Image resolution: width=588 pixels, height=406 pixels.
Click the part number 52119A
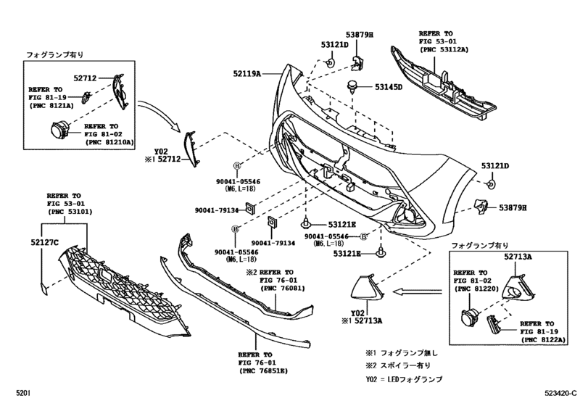247,73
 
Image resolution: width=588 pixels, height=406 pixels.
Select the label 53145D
388,87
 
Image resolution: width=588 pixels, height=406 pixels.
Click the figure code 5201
24,394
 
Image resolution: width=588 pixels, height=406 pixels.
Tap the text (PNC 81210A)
109,142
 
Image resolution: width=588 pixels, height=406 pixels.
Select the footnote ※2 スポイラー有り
401,365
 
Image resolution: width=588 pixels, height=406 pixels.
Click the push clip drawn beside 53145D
355,86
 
